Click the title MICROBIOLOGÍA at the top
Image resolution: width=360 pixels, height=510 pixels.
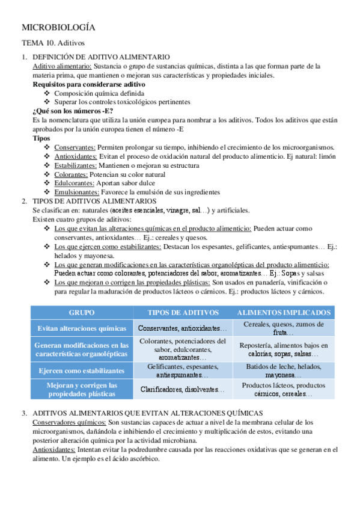point(58,28)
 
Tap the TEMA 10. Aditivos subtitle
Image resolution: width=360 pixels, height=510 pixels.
point(53,43)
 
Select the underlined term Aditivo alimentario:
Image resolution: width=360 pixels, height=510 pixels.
point(62,66)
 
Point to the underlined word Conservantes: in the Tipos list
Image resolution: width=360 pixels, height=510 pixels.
point(75,147)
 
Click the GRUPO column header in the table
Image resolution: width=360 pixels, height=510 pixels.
point(82,313)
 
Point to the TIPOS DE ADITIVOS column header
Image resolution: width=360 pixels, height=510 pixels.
point(183,313)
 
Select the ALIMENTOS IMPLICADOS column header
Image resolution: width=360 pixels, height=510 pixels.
point(284,313)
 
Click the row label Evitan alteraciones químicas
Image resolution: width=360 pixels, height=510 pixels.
point(82,328)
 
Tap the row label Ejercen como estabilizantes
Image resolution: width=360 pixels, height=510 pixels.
point(82,371)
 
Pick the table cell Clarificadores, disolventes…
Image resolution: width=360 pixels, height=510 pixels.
point(183,389)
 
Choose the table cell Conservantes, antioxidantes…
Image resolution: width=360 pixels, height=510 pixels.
point(183,328)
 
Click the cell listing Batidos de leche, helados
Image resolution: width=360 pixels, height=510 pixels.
point(284,370)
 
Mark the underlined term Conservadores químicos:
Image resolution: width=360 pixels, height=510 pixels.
point(70,422)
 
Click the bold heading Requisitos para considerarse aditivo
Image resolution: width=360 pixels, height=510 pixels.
point(84,85)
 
